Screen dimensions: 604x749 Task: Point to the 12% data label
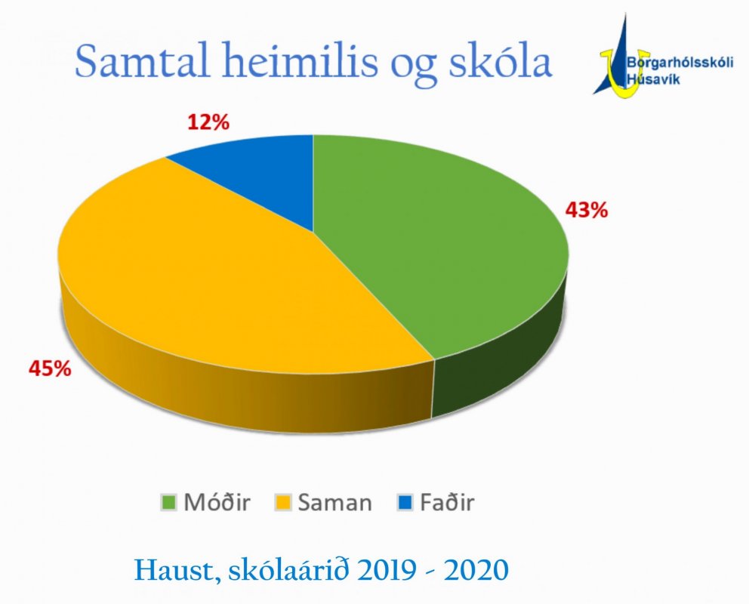pos(208,122)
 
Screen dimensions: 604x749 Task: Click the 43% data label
pos(586,210)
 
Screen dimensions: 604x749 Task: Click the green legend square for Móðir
pos(169,503)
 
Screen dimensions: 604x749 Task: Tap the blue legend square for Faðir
pos(403,503)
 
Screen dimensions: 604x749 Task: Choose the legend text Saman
pos(334,503)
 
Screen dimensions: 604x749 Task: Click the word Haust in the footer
pos(171,569)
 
